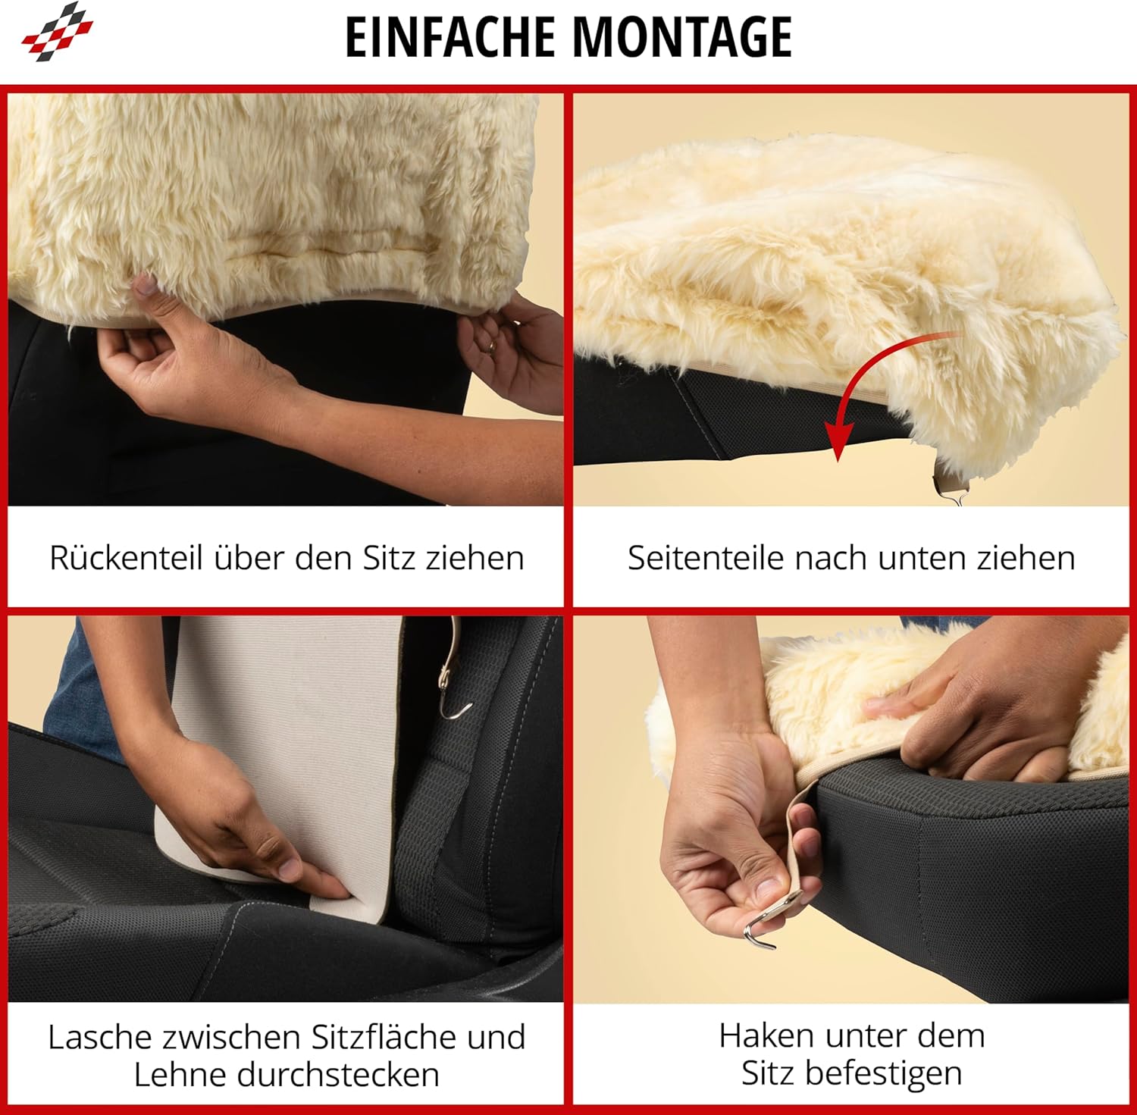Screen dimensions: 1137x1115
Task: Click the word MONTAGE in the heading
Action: (x=682, y=36)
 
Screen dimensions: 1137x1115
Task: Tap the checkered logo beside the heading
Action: (x=58, y=32)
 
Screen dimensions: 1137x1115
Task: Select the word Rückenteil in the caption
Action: (x=126, y=558)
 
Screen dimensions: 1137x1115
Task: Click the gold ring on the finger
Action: (x=492, y=347)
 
